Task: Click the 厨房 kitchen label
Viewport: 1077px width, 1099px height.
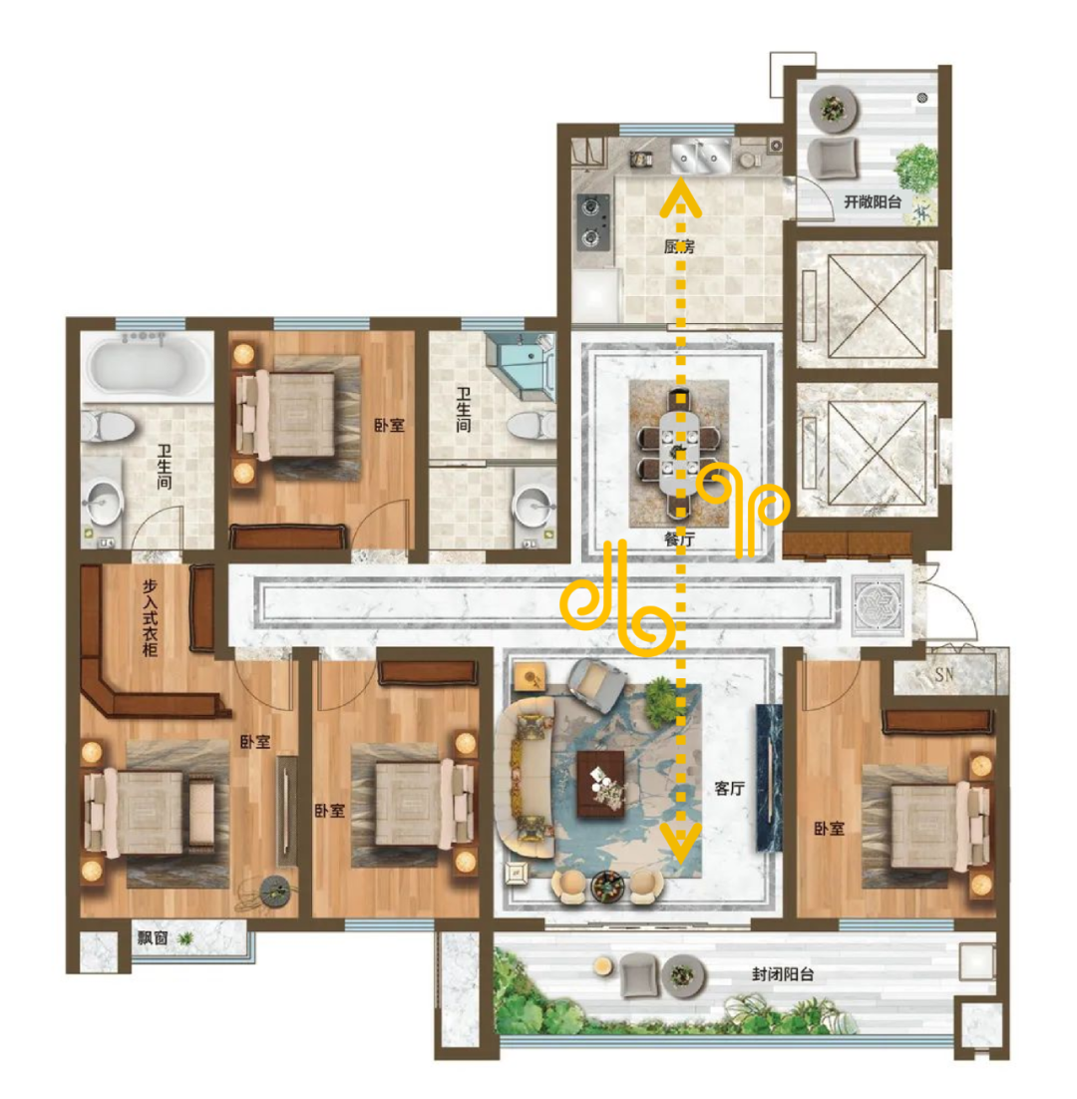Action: click(x=679, y=246)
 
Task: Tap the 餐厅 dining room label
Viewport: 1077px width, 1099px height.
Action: click(x=679, y=539)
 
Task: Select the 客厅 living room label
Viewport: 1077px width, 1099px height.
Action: click(x=729, y=789)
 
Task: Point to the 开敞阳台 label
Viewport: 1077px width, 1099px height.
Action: click(x=873, y=201)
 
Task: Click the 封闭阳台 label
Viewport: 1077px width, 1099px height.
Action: click(x=784, y=973)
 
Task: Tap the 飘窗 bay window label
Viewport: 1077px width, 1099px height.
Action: click(x=152, y=937)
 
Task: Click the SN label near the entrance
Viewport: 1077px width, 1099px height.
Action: click(x=943, y=674)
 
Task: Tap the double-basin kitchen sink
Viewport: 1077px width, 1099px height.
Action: click(x=700, y=157)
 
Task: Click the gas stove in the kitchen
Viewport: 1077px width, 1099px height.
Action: click(x=592, y=222)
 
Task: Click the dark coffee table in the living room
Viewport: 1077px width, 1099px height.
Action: click(x=600, y=784)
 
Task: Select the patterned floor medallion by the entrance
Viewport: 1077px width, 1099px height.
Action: click(x=878, y=605)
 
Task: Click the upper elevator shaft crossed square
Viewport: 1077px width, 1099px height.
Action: click(x=877, y=305)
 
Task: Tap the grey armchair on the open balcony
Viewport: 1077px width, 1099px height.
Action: click(x=833, y=159)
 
